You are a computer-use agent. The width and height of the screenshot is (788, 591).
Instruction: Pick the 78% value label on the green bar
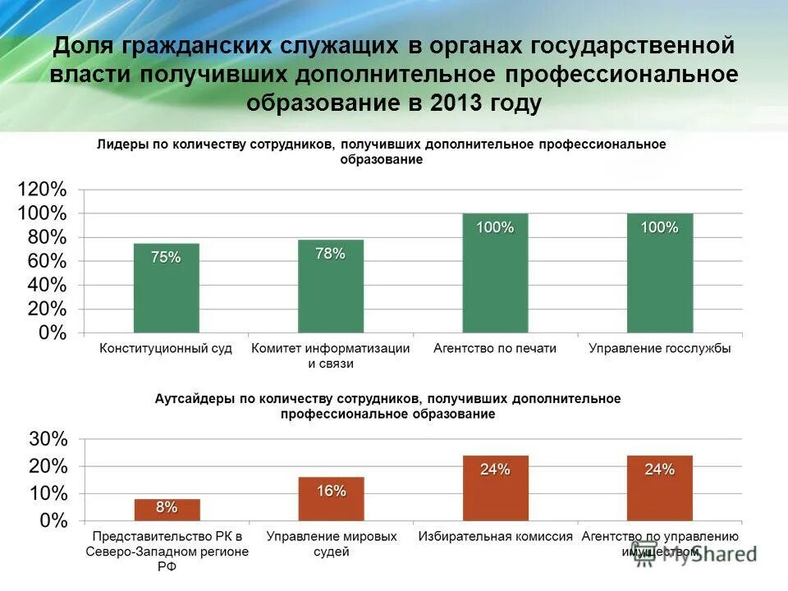pyautogui.click(x=330, y=254)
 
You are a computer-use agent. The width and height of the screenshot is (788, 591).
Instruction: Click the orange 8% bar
pyautogui.click(x=167, y=511)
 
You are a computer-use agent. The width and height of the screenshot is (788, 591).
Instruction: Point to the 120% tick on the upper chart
pyautogui.click(x=42, y=190)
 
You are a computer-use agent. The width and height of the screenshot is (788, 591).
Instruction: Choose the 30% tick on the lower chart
pyautogui.click(x=48, y=439)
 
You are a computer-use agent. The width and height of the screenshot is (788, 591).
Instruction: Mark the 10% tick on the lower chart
pyautogui.click(x=48, y=493)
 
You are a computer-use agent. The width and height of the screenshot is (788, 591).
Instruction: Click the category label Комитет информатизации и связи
pyautogui.click(x=330, y=355)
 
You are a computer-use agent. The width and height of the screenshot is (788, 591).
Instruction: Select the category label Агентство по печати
pyautogui.click(x=495, y=348)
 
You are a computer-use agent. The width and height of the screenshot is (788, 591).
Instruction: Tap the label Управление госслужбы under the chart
pyautogui.click(x=659, y=348)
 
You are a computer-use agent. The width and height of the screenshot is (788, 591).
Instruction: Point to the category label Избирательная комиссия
pyautogui.click(x=495, y=536)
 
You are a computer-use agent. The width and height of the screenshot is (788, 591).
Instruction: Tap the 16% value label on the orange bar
pyautogui.click(x=331, y=491)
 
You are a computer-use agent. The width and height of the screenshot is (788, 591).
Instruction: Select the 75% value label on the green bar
pyautogui.click(x=166, y=257)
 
